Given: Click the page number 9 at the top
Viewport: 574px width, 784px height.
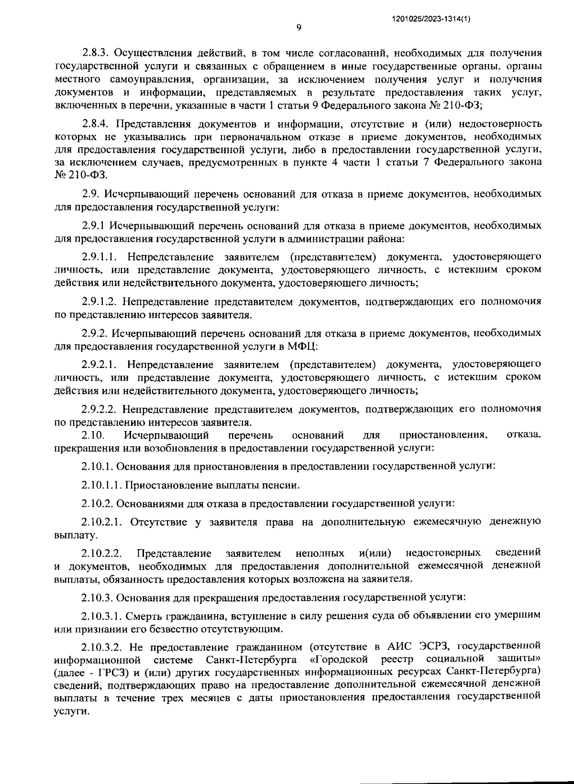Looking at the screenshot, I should [x=298, y=28].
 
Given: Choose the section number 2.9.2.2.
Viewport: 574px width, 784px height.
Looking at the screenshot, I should [x=99, y=409].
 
